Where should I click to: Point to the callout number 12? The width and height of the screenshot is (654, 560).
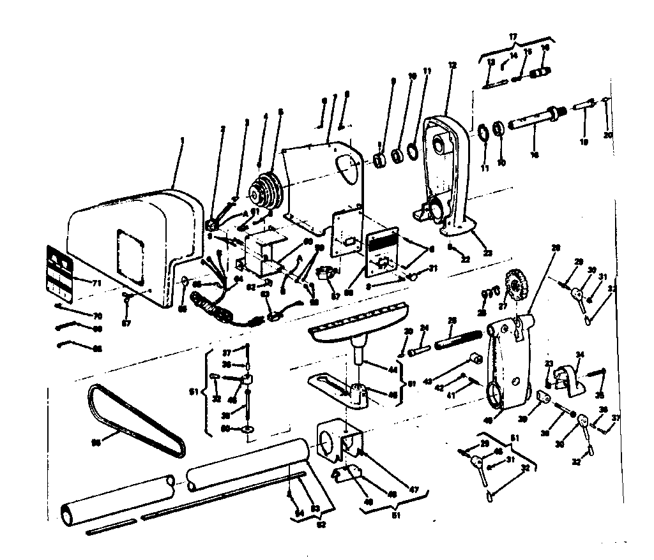point(453,65)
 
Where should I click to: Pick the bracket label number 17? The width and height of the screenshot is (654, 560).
point(513,38)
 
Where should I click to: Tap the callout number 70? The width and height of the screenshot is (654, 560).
point(97,316)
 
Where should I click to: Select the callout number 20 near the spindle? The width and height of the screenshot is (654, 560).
point(607,135)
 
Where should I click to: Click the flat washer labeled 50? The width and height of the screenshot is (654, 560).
point(247,431)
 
